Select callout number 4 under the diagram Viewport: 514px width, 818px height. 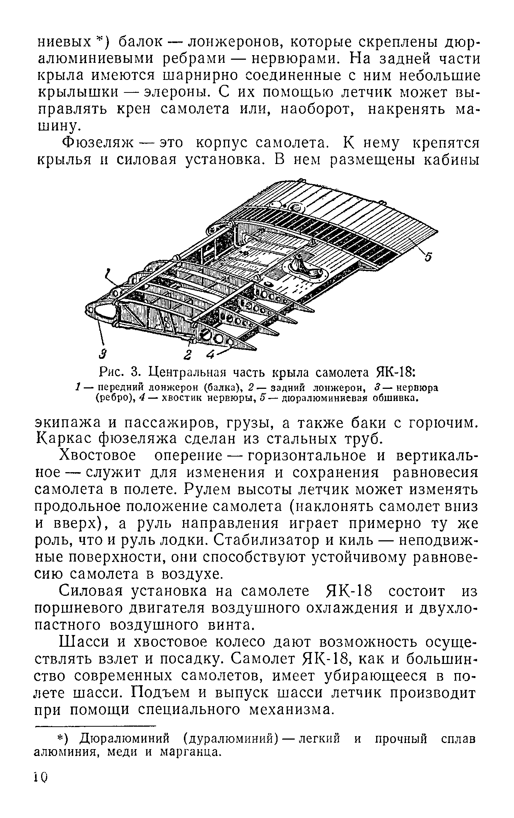tap(211, 355)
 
